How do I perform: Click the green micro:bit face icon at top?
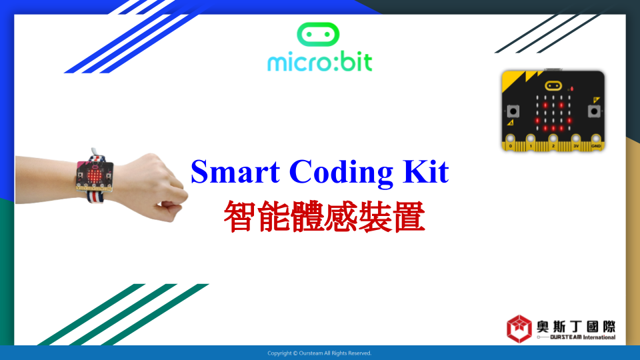click(318, 34)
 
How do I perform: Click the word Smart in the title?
click(235, 172)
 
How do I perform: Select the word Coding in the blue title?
click(341, 173)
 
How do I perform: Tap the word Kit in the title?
click(426, 171)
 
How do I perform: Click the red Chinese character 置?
click(409, 216)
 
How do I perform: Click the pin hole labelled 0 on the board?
click(510, 139)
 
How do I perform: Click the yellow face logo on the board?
click(553, 86)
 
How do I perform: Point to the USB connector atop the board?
click(553, 69)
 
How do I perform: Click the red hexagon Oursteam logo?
click(519, 329)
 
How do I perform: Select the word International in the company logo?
click(599, 337)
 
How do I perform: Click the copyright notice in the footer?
click(319, 353)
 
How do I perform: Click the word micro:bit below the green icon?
click(319, 63)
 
